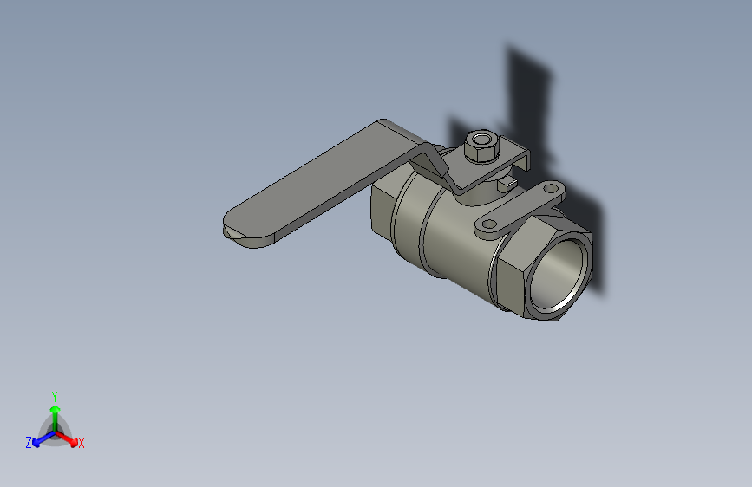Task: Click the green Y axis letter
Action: [x=55, y=395]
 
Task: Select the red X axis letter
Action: [x=82, y=444]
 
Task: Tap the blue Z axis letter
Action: [x=29, y=443]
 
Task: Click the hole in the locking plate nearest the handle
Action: [x=488, y=225]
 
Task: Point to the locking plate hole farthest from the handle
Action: [x=553, y=188]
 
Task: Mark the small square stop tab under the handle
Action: [x=503, y=185]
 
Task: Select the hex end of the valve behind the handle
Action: [x=382, y=212]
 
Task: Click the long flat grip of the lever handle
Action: [x=321, y=182]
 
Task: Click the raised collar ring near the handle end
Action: [x=409, y=217]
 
